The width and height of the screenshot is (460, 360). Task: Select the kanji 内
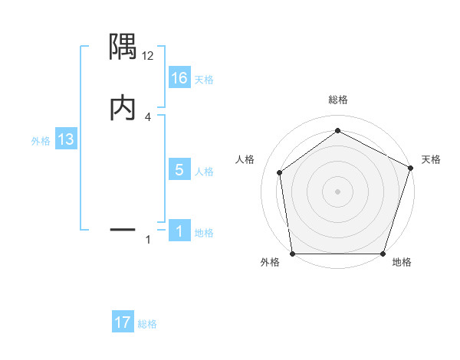click(x=123, y=108)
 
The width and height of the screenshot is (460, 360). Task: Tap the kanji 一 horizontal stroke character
click(x=123, y=228)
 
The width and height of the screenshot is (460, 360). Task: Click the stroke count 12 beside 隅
click(x=148, y=55)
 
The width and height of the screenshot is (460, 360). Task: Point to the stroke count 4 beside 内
click(x=148, y=116)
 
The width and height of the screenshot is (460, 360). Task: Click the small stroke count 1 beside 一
click(x=148, y=240)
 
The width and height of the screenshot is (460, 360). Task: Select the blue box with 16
click(x=179, y=78)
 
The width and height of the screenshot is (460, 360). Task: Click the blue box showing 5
click(x=179, y=170)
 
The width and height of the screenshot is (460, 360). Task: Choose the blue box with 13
click(x=66, y=140)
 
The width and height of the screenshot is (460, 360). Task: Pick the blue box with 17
click(x=123, y=322)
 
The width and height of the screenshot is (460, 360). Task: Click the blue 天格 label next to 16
click(x=204, y=79)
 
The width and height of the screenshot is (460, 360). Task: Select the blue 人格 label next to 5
click(x=204, y=171)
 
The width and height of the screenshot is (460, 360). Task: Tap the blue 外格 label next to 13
click(x=41, y=141)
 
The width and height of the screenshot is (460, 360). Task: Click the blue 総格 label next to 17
click(x=147, y=324)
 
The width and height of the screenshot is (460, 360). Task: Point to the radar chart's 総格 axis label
click(x=337, y=100)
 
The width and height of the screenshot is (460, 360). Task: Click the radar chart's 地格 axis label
click(x=402, y=263)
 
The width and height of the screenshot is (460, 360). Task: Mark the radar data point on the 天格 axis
click(x=410, y=168)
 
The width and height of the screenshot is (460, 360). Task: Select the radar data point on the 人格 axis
click(x=280, y=172)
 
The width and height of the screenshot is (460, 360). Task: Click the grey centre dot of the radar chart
click(x=337, y=191)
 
